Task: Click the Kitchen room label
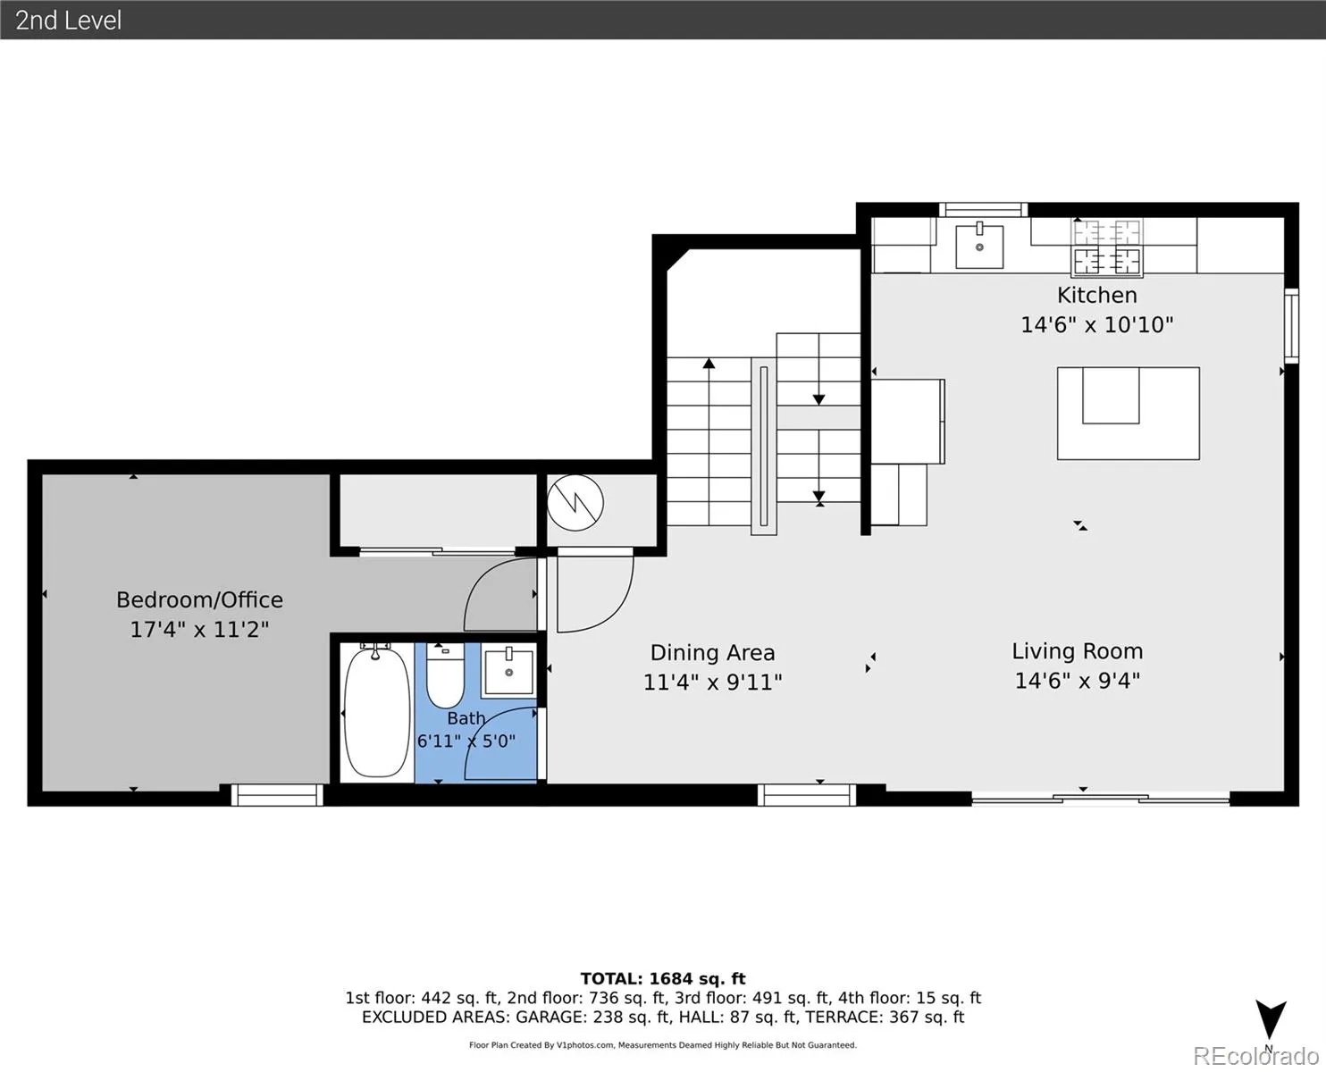click(x=1097, y=295)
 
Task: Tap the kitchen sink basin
click(x=979, y=247)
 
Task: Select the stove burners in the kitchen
click(x=1106, y=247)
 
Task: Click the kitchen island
click(x=1128, y=413)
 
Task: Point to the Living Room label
click(x=1077, y=650)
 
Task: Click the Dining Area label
click(x=712, y=653)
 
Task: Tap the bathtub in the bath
click(x=377, y=712)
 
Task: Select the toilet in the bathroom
click(x=445, y=675)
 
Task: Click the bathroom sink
click(x=509, y=672)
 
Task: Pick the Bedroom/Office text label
click(x=199, y=599)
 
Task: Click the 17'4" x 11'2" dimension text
click(x=199, y=630)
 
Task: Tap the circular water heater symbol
click(x=575, y=503)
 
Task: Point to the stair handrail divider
click(x=764, y=446)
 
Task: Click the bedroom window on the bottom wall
click(x=277, y=795)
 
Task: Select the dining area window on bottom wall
click(x=807, y=795)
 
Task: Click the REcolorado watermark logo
click(x=1255, y=1056)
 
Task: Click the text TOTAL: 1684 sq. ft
click(x=663, y=979)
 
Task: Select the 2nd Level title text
click(x=69, y=21)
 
